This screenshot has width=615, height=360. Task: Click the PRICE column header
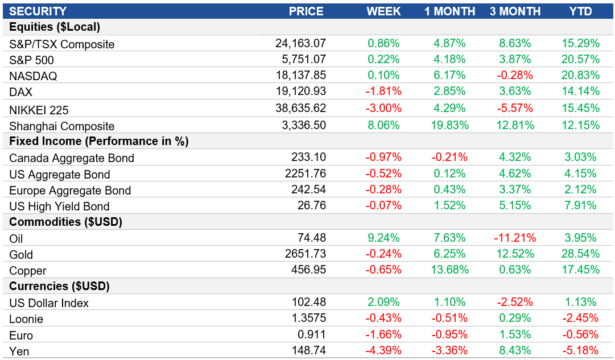coord(306,11)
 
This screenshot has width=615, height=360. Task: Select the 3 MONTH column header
coord(515,11)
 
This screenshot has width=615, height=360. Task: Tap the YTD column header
coord(580,11)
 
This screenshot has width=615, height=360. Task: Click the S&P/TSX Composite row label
coord(62,44)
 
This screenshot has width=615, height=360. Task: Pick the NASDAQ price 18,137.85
coord(300,76)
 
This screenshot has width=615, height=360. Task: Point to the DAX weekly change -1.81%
coord(384,91)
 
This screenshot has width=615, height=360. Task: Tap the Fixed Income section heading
coord(98,141)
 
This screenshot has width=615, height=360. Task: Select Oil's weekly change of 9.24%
coord(384,238)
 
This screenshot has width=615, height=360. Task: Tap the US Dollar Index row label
coord(49,303)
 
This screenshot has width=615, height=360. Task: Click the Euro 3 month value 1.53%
coord(515,335)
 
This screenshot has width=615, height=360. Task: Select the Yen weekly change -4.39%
coord(384,351)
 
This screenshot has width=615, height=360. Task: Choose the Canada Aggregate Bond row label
coord(72,158)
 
